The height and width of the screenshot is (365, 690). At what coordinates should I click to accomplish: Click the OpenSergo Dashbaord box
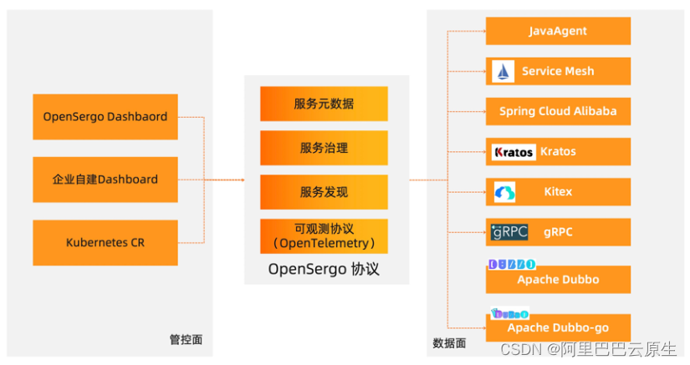105,116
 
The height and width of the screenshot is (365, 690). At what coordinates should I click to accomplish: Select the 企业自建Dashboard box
105,179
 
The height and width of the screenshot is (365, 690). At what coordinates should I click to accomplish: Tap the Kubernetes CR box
105,242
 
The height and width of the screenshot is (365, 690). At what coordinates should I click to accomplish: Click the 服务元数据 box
324,104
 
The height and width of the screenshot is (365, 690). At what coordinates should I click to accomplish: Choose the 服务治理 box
324,148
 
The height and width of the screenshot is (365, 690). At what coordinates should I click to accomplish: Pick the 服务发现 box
324,192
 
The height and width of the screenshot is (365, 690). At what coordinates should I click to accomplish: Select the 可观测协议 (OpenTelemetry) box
324,236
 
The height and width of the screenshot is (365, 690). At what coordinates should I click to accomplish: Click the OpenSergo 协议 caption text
324,269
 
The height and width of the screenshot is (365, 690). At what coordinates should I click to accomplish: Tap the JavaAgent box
558,31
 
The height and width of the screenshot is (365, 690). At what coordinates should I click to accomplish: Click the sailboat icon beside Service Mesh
503,71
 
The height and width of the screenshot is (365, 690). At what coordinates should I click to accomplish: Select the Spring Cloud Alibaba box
558,111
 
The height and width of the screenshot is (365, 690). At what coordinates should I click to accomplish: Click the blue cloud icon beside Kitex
504,192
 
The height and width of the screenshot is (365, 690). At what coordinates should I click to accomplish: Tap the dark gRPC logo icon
509,232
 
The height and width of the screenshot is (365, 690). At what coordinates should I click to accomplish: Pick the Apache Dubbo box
558,279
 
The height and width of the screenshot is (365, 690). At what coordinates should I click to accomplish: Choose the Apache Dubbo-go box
558,327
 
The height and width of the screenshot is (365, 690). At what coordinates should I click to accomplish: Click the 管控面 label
186,340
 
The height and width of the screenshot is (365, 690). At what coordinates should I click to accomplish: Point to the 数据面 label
449,342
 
